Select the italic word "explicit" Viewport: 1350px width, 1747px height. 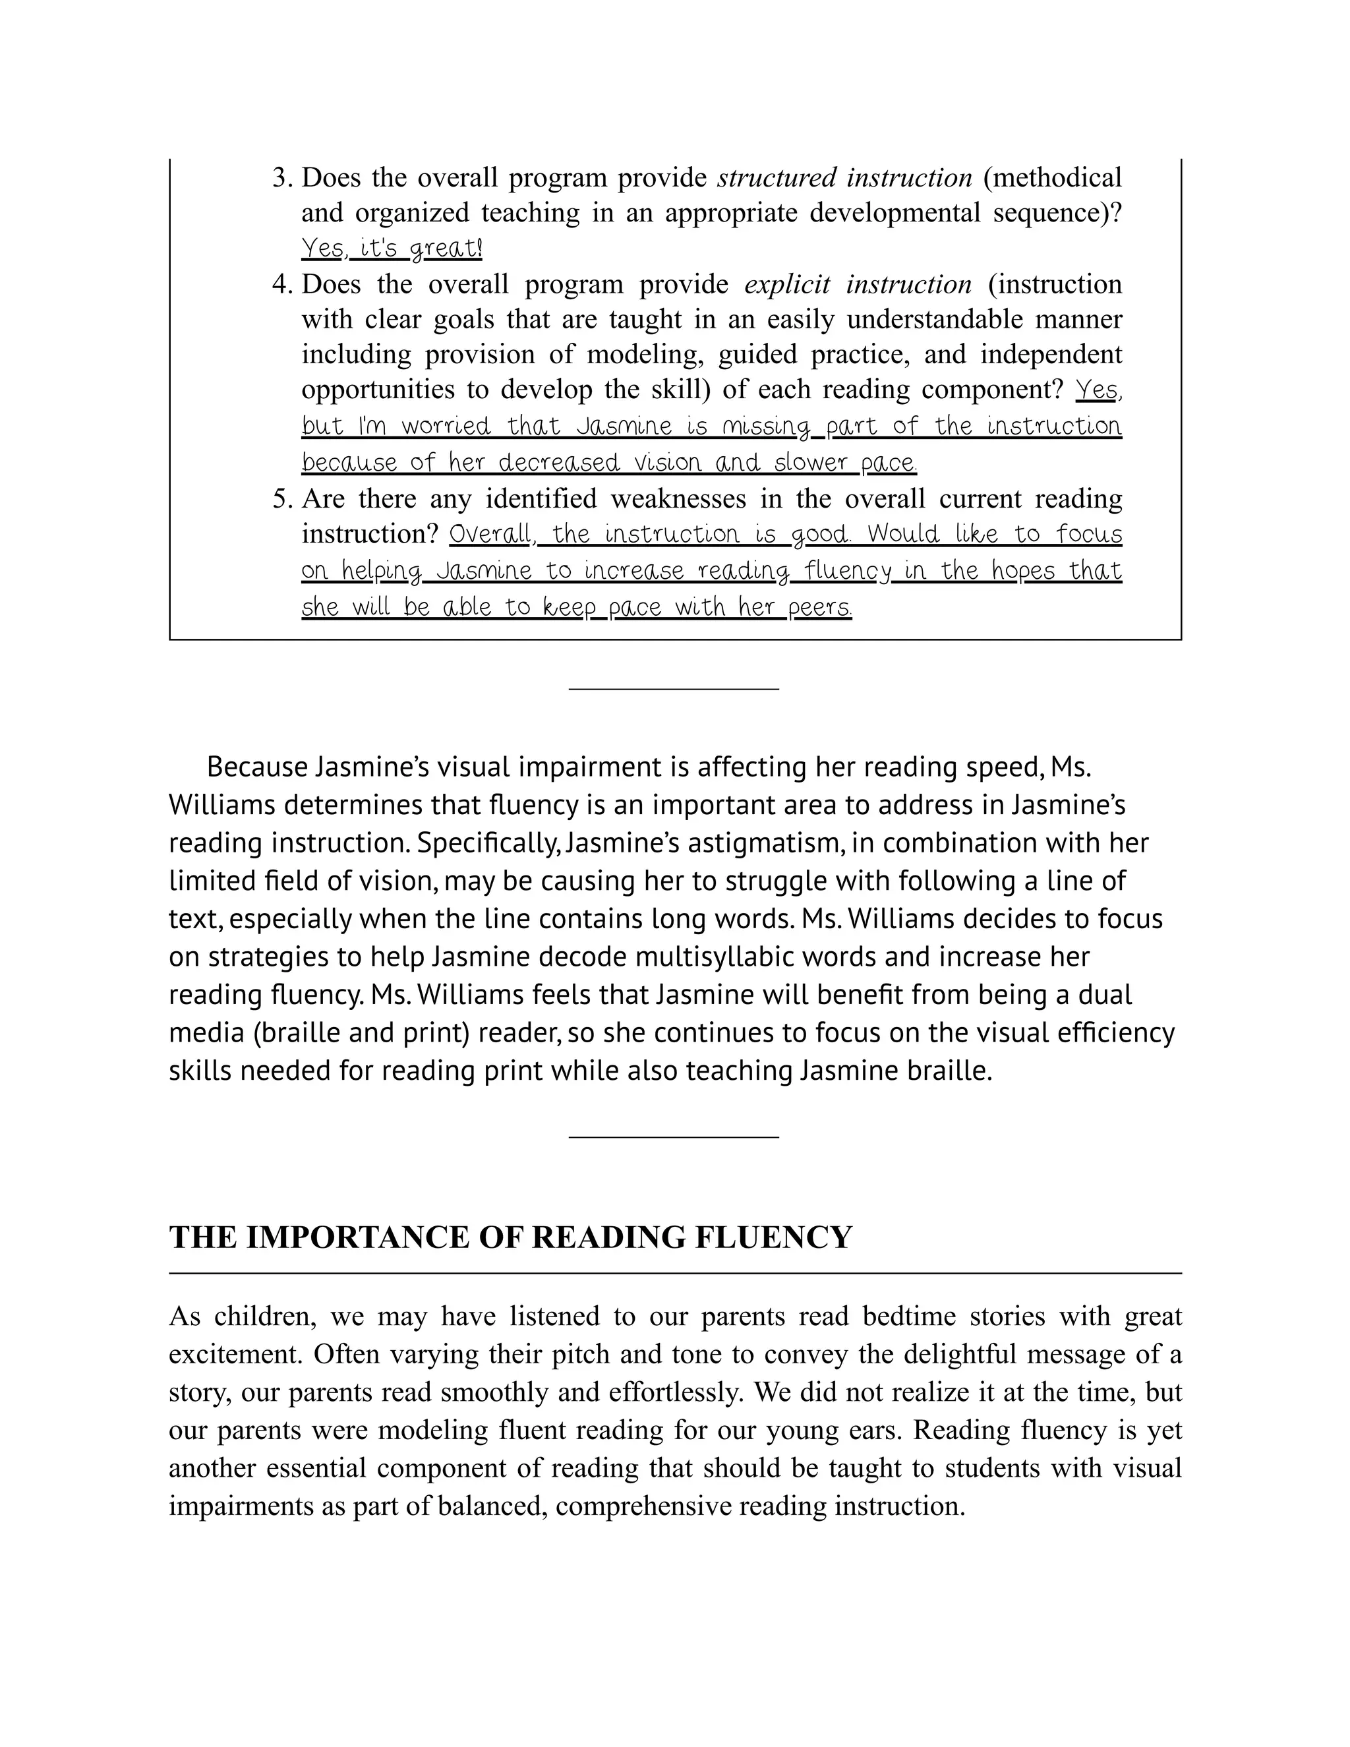(x=787, y=285)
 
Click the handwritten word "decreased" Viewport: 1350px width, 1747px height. (x=559, y=463)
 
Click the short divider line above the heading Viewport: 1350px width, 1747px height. (x=674, y=1136)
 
